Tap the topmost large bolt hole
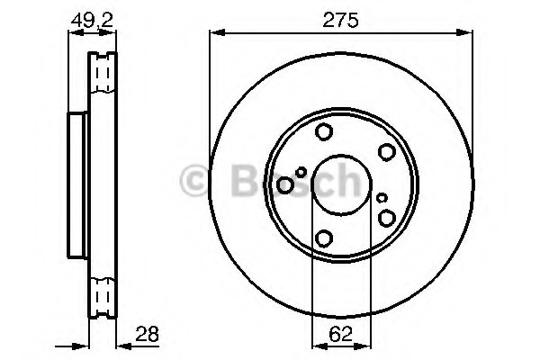[x=323, y=133]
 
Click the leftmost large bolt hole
[x=285, y=185]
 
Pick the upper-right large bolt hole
[x=386, y=152]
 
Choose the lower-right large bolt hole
[x=387, y=218]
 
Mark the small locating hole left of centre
[x=301, y=172]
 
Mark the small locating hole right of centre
[x=382, y=197]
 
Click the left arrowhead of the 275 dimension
[x=215, y=33]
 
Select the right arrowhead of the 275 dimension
[x=468, y=33]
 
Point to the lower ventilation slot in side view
[x=102, y=294]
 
